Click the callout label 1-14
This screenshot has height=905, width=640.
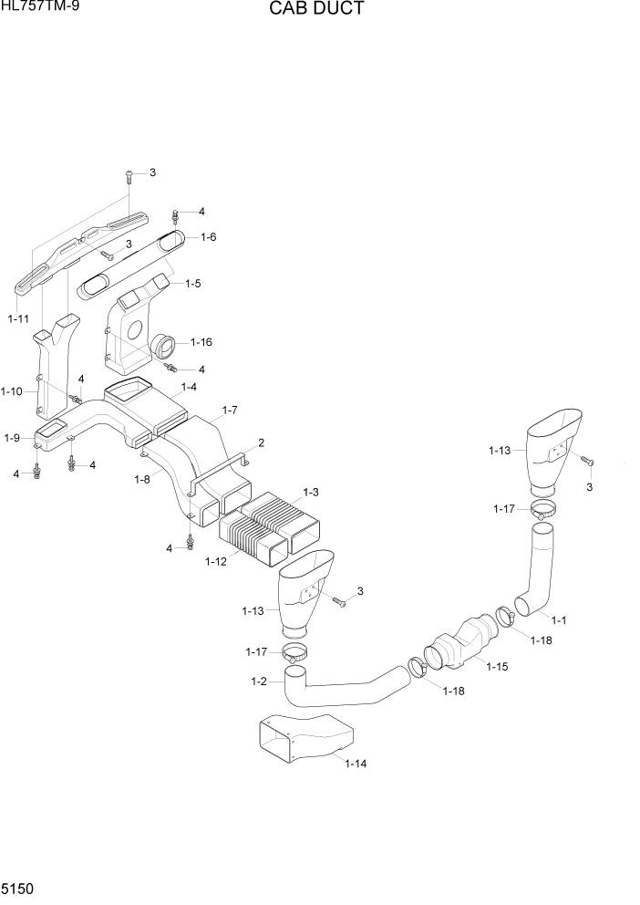(x=356, y=764)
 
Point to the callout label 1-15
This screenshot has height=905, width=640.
(x=496, y=667)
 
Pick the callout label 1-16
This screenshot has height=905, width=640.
(x=201, y=342)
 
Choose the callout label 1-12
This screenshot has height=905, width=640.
(x=216, y=561)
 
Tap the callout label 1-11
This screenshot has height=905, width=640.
(x=18, y=319)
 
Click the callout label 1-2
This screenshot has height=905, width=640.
(x=258, y=681)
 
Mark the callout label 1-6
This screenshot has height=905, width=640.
(x=208, y=236)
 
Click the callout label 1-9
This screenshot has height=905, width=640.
(x=12, y=438)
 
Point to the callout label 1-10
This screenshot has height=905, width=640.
(x=12, y=391)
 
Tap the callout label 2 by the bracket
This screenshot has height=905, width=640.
(x=261, y=443)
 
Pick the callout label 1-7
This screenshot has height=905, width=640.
(x=229, y=410)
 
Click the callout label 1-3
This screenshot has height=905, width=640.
(x=310, y=492)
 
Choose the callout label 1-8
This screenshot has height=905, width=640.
(x=142, y=479)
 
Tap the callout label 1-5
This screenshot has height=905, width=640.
(x=192, y=284)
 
